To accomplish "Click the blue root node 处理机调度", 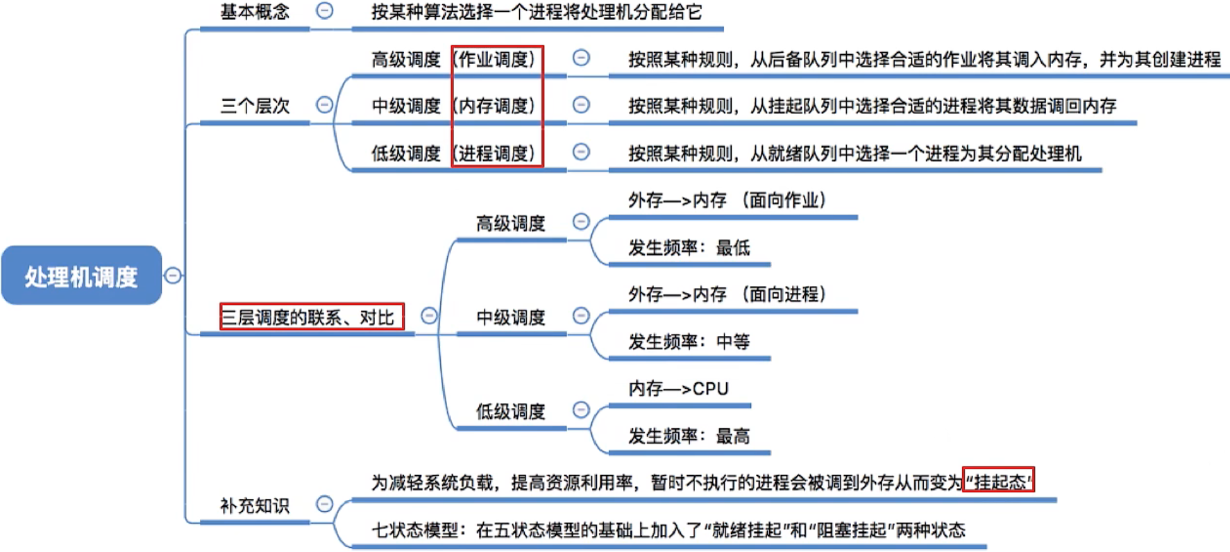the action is click(x=81, y=276).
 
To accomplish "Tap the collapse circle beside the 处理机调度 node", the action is click(x=173, y=276).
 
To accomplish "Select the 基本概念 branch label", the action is click(x=255, y=12).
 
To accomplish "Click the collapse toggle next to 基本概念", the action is click(x=324, y=10).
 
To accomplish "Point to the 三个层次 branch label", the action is click(x=255, y=106).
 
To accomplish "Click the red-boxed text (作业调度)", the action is click(x=497, y=59).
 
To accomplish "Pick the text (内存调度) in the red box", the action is click(x=497, y=106).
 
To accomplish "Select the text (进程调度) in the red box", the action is click(x=497, y=153).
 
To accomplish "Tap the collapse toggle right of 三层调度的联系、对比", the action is click(x=429, y=316).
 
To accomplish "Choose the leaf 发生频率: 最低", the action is click(x=689, y=247).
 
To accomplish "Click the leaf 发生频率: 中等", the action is click(x=689, y=341).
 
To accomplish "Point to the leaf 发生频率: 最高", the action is click(x=689, y=436).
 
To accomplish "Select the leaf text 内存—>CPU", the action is click(x=678, y=388).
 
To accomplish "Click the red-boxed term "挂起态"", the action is click(x=999, y=481).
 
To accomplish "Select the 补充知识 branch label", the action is click(x=255, y=505).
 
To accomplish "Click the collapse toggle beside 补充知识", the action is click(x=324, y=504).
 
